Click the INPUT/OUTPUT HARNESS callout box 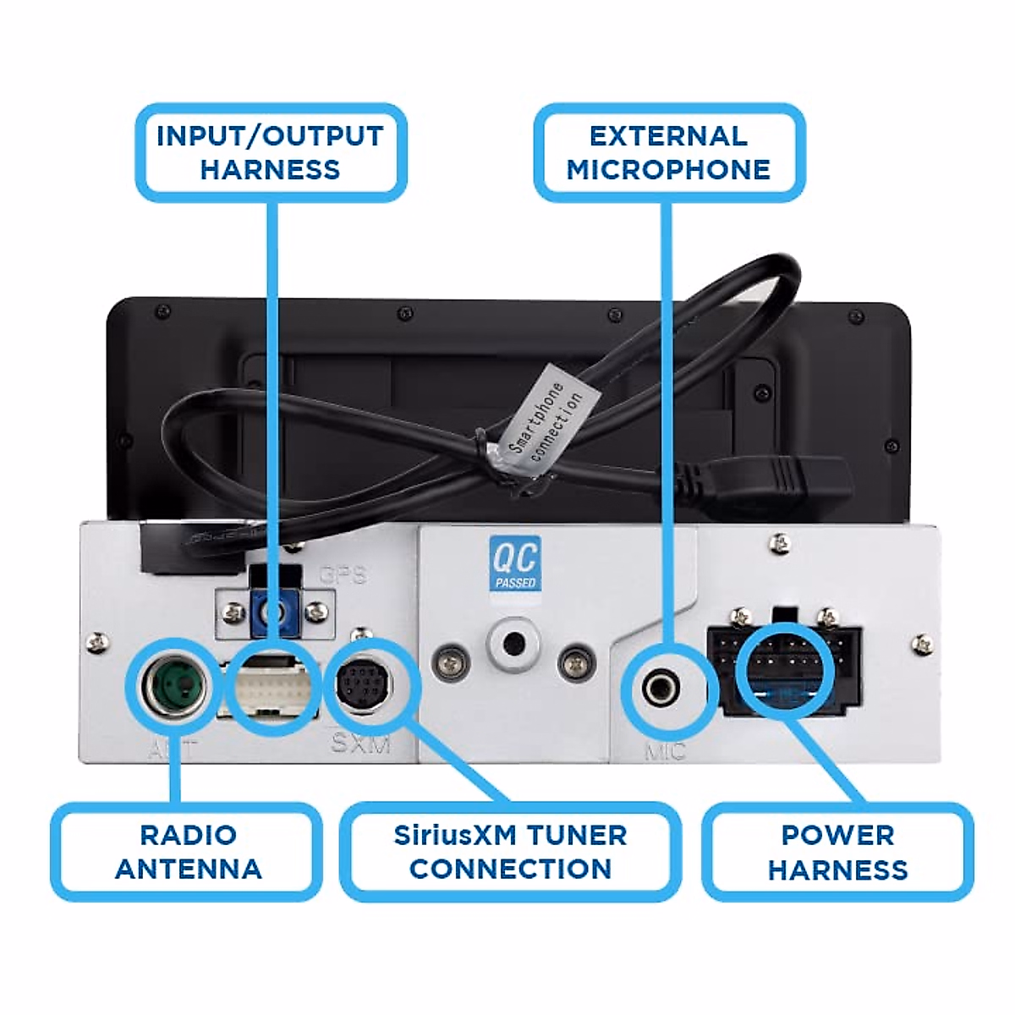click(x=270, y=152)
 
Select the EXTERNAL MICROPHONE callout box click(x=668, y=152)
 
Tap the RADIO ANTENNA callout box click(x=187, y=851)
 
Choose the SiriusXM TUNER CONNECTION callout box click(x=510, y=851)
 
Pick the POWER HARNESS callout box click(x=837, y=851)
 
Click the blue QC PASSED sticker click(x=514, y=564)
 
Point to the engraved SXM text click(x=361, y=743)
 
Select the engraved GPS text click(x=343, y=575)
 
